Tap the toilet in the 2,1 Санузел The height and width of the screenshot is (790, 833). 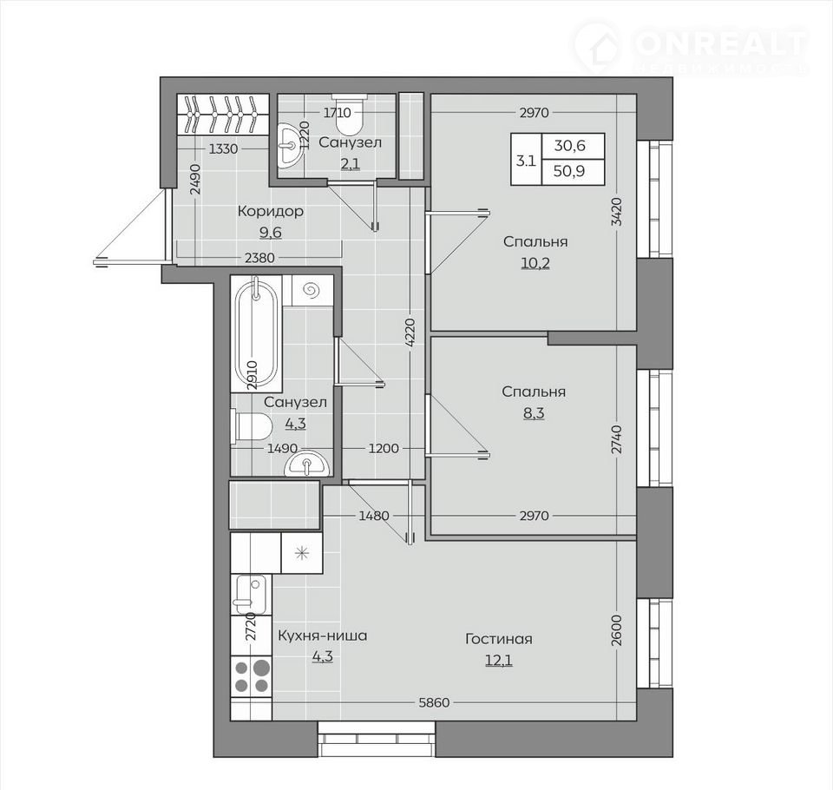click(350, 115)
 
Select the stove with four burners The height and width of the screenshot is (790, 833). click(252, 675)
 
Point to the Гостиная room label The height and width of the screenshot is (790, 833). click(498, 638)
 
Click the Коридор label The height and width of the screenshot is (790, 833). click(271, 211)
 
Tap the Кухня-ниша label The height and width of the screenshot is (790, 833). click(323, 635)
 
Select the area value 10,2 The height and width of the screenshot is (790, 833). click(535, 263)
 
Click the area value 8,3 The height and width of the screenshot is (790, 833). click(534, 412)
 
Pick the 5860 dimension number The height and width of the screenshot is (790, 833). click(434, 703)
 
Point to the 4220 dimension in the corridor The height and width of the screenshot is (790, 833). click(410, 334)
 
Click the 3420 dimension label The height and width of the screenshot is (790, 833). click(616, 212)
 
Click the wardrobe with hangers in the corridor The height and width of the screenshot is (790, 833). click(221, 114)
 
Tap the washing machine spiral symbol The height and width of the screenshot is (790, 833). click(310, 290)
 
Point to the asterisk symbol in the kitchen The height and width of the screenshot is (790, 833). click(302, 554)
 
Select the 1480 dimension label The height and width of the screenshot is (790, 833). click(374, 515)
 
